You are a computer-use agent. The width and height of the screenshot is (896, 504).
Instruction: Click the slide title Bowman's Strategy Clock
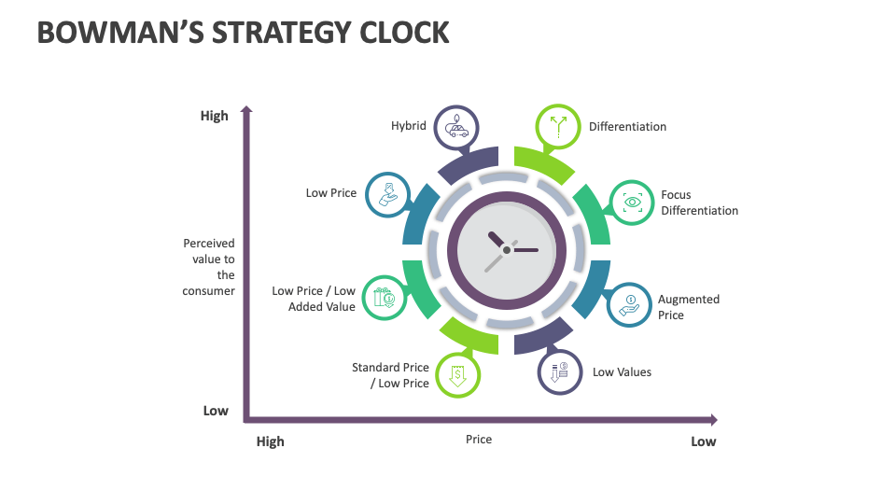244,32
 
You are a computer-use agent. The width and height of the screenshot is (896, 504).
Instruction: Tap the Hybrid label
408,126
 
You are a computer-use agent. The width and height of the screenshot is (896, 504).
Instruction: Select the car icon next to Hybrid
457,127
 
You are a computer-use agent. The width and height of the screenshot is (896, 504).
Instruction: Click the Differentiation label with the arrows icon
627,127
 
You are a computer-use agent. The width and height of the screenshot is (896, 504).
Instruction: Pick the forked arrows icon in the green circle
558,127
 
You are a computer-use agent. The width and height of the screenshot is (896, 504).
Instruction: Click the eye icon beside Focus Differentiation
633,202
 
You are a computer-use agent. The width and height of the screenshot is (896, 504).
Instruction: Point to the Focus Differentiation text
699,203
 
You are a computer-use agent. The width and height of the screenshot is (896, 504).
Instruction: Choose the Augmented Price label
689,307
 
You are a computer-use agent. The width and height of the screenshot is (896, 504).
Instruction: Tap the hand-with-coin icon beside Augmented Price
630,304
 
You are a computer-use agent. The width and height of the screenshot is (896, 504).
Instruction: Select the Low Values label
622,372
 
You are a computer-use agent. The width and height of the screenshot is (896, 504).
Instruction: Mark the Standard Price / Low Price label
390,375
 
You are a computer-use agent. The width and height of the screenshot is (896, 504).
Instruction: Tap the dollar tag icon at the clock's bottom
457,375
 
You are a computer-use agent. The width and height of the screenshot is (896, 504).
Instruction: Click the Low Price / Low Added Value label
314,299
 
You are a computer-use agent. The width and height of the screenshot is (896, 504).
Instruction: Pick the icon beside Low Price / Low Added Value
384,298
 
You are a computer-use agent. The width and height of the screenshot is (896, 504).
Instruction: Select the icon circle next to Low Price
385,194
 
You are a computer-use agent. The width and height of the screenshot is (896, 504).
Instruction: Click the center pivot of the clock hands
507,250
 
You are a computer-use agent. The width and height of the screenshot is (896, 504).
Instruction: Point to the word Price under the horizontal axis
479,440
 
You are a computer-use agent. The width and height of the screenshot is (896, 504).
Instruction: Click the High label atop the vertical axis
214,117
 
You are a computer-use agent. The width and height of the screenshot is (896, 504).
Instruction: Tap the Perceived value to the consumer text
209,267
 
